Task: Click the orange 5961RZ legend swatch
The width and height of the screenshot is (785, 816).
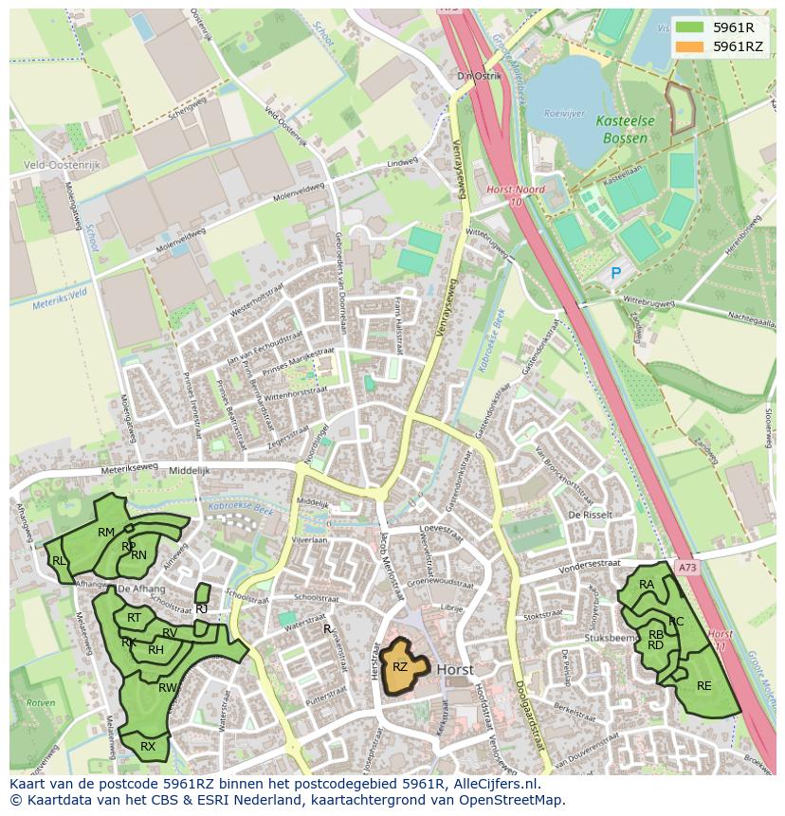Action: tap(689, 46)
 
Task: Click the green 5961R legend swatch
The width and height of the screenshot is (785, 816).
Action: tap(689, 27)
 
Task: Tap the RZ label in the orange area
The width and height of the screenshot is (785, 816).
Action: tap(400, 667)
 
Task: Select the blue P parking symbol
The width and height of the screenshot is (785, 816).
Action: tap(615, 273)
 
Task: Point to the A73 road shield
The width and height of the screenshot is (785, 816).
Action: tap(687, 567)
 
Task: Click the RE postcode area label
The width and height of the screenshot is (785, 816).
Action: tap(703, 685)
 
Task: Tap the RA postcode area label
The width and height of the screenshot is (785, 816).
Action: tap(647, 585)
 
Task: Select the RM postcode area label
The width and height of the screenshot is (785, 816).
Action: tap(106, 533)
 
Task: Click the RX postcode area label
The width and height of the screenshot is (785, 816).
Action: tap(148, 747)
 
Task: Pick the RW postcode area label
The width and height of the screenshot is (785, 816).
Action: tap(167, 687)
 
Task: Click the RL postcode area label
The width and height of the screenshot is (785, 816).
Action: tap(60, 561)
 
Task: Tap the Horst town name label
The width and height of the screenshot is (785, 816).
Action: tap(456, 669)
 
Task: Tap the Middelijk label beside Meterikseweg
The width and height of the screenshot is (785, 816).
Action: tap(188, 470)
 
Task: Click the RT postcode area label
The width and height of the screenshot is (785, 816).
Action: tap(134, 618)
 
